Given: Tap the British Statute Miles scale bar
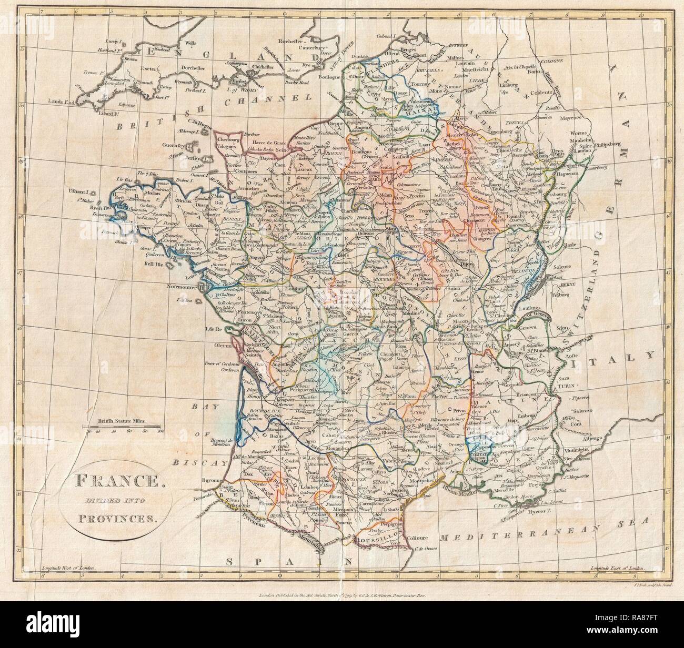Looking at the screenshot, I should point(124,427).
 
